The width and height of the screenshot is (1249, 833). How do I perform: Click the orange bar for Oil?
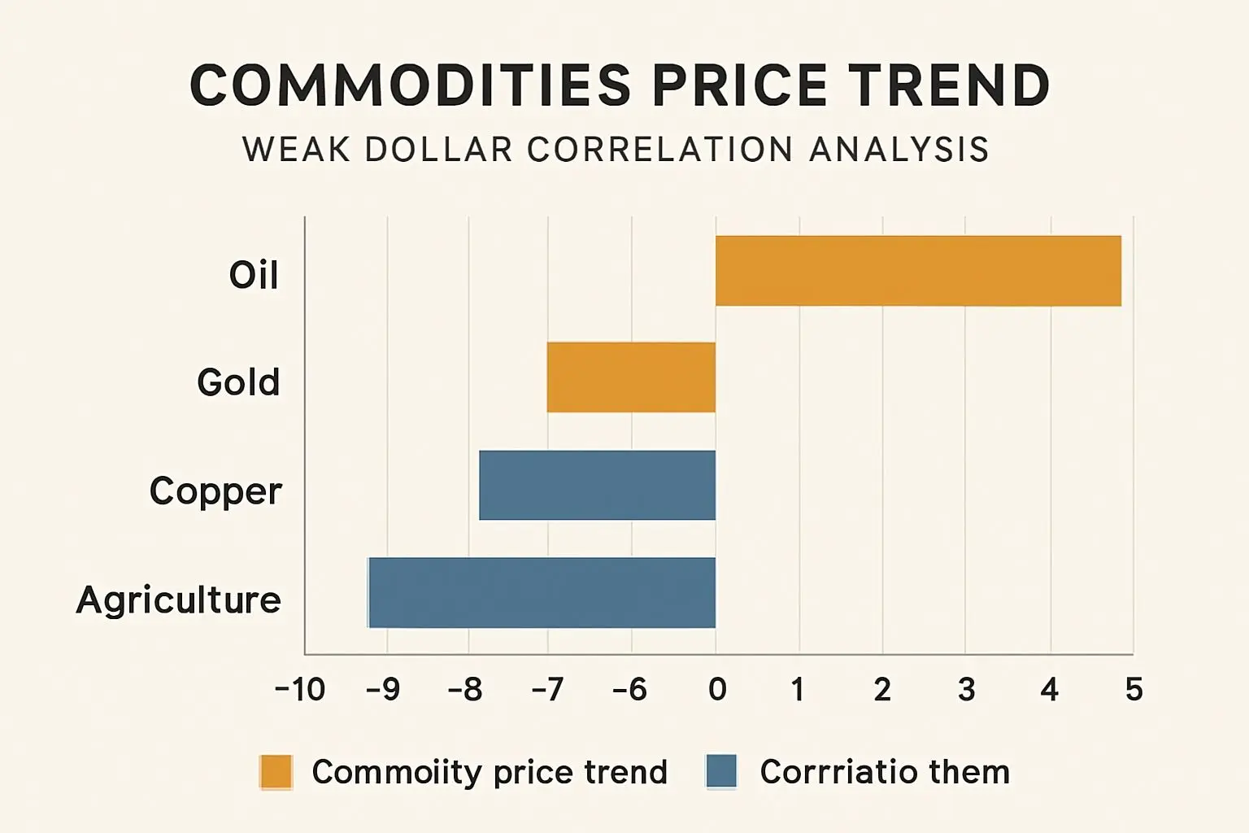tap(918, 271)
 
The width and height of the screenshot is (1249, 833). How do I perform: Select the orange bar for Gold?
tap(631, 377)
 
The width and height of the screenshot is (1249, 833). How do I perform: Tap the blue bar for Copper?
tap(597, 486)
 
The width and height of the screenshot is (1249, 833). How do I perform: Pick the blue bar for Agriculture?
tap(542, 593)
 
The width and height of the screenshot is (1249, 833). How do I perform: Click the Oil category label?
tap(254, 275)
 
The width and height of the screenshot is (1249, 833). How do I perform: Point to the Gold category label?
tap(238, 382)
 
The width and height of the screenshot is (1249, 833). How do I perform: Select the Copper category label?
tap(215, 491)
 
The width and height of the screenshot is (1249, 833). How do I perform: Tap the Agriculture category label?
tap(179, 600)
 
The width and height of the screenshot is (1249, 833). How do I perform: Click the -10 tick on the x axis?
tap(300, 690)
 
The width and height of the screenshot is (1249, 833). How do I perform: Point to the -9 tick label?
tap(383, 690)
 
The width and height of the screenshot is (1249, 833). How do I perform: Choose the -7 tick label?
tap(547, 690)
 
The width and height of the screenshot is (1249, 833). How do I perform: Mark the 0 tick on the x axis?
tap(716, 690)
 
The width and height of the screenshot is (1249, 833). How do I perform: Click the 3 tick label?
tap(966, 690)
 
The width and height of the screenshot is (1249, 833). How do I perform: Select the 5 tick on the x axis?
tap(1134, 690)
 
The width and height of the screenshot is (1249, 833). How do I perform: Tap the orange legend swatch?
tap(276, 772)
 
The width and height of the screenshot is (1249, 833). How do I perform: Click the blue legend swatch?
tap(721, 772)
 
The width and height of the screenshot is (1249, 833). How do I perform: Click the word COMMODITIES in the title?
tap(411, 85)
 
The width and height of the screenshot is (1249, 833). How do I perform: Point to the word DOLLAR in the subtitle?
tap(439, 150)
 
